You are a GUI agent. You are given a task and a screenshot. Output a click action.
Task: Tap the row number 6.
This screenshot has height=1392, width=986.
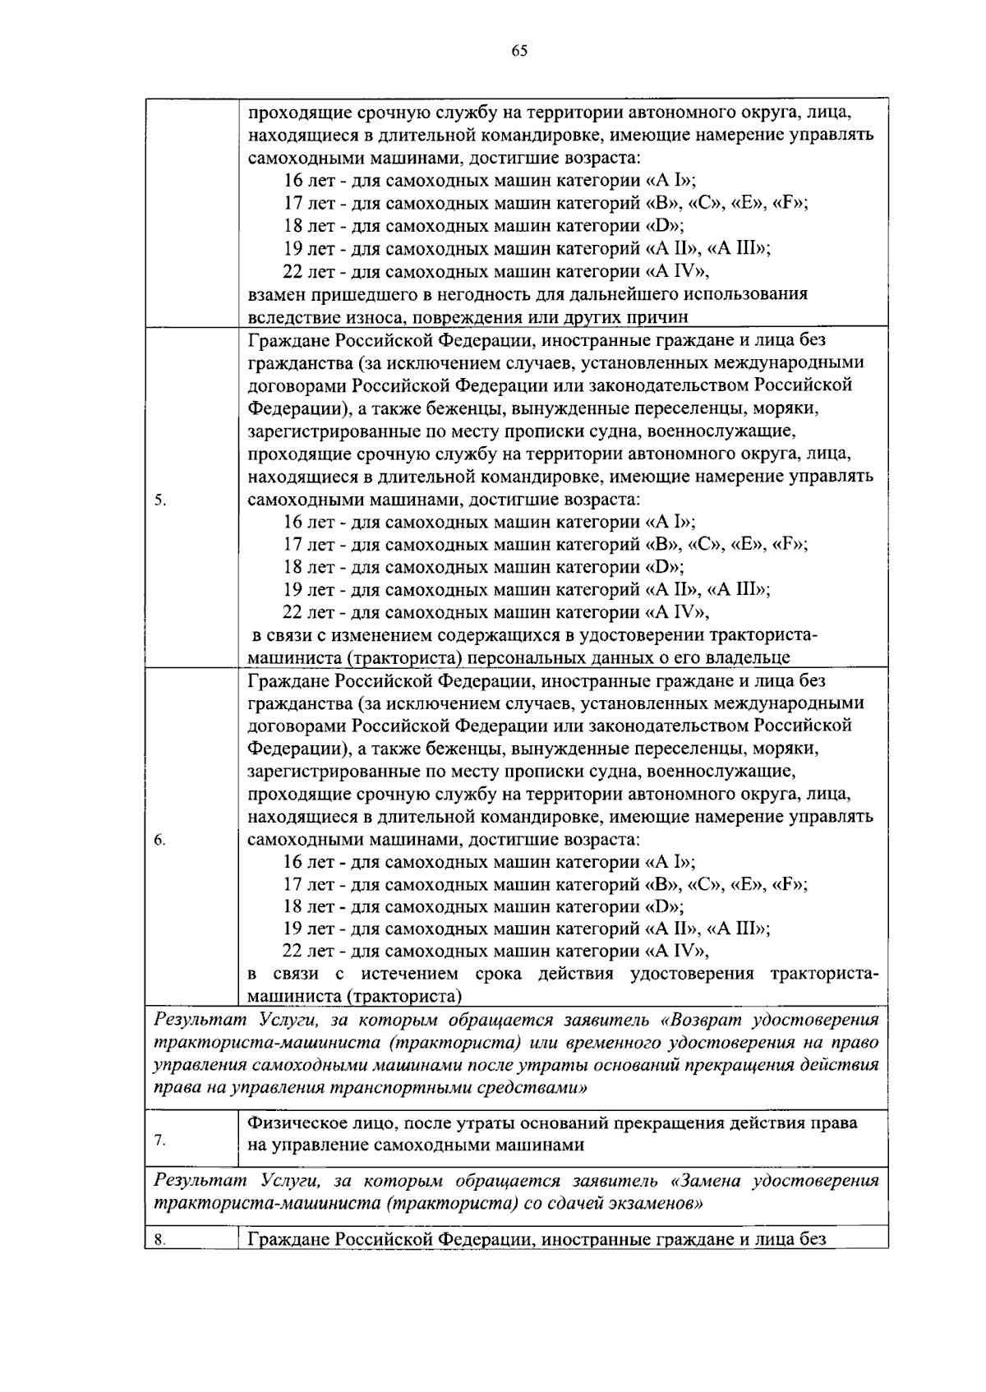tap(160, 840)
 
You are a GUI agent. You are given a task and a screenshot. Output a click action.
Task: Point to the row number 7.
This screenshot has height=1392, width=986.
tap(160, 1140)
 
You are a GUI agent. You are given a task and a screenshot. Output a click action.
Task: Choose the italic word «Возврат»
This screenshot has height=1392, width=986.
tap(702, 1021)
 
